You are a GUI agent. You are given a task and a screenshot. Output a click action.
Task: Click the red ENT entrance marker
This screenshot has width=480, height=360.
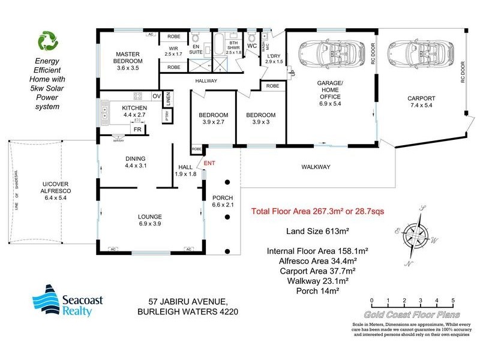[209, 163]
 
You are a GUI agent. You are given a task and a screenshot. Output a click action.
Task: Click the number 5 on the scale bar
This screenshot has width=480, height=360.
[453, 301]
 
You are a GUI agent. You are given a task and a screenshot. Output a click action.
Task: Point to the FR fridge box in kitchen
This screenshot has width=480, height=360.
[137, 129]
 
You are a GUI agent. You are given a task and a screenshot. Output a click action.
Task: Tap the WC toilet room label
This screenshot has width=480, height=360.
[252, 46]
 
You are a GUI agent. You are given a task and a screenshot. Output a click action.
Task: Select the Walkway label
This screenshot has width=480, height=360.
[316, 167]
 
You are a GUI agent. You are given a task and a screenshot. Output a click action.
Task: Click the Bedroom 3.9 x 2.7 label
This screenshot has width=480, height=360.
[214, 119]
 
